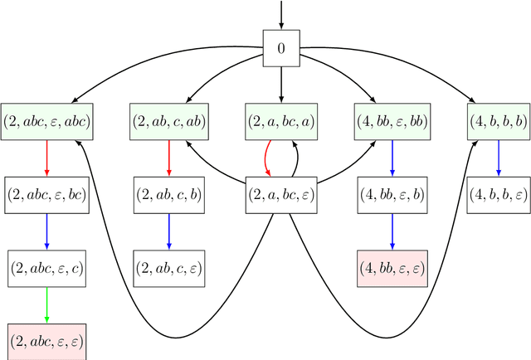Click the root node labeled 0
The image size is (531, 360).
pos(280,48)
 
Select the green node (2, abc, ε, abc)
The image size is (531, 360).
pos(46,122)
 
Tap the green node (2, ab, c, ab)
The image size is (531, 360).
pos(169,122)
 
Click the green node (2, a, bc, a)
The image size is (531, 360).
pos(280,122)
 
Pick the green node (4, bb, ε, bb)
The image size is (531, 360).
pos(392,122)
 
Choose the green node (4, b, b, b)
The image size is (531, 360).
pos(499,122)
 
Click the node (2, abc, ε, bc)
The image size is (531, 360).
pos(46,195)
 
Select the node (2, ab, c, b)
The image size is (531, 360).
pos(169,195)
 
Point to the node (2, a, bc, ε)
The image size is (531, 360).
pos(280,195)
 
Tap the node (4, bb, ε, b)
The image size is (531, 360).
pos(392,195)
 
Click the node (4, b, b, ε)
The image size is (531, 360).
pos(499,195)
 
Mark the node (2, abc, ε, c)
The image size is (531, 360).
pos(46,268)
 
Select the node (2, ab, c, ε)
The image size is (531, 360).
pos(169,268)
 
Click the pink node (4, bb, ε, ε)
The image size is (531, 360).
pos(392,268)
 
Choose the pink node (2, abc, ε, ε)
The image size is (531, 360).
pos(46,341)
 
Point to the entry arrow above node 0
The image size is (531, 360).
pos(280,15)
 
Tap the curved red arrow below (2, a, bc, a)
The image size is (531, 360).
pos(267,158)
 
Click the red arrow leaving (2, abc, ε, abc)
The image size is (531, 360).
pos(46,158)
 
